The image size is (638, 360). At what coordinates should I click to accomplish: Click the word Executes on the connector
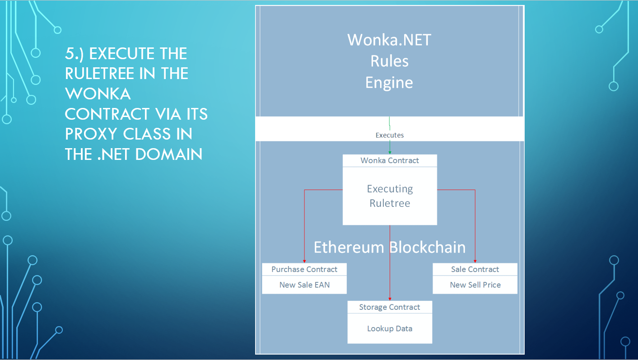[x=390, y=135]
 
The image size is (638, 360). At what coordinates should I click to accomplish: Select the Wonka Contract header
[x=390, y=160]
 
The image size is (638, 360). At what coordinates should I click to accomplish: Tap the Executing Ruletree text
[x=390, y=196]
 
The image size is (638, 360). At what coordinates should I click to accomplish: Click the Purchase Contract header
[x=304, y=269]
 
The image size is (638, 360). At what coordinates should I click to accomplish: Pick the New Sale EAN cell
[x=304, y=285]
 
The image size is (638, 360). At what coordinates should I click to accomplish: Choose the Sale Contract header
[x=475, y=269]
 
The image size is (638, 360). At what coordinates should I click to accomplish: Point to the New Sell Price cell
[x=475, y=285]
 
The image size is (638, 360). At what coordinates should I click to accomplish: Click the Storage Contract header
[x=390, y=307]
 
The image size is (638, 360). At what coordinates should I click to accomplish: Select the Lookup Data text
[x=390, y=328]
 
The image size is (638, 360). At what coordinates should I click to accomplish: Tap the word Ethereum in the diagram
[x=349, y=248]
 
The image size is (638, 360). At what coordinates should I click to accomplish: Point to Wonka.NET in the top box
[x=389, y=40]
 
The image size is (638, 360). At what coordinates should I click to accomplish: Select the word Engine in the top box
[x=389, y=83]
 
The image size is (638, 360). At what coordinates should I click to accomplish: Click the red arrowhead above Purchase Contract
[x=304, y=261]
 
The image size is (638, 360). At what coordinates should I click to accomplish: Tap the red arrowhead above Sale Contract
[x=475, y=261]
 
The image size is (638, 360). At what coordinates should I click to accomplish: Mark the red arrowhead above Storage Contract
[x=390, y=299]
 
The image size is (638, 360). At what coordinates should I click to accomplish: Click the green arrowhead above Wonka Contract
[x=390, y=153]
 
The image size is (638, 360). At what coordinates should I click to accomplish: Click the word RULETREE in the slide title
[x=101, y=74]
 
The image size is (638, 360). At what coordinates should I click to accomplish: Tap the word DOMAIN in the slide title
[x=169, y=154]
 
